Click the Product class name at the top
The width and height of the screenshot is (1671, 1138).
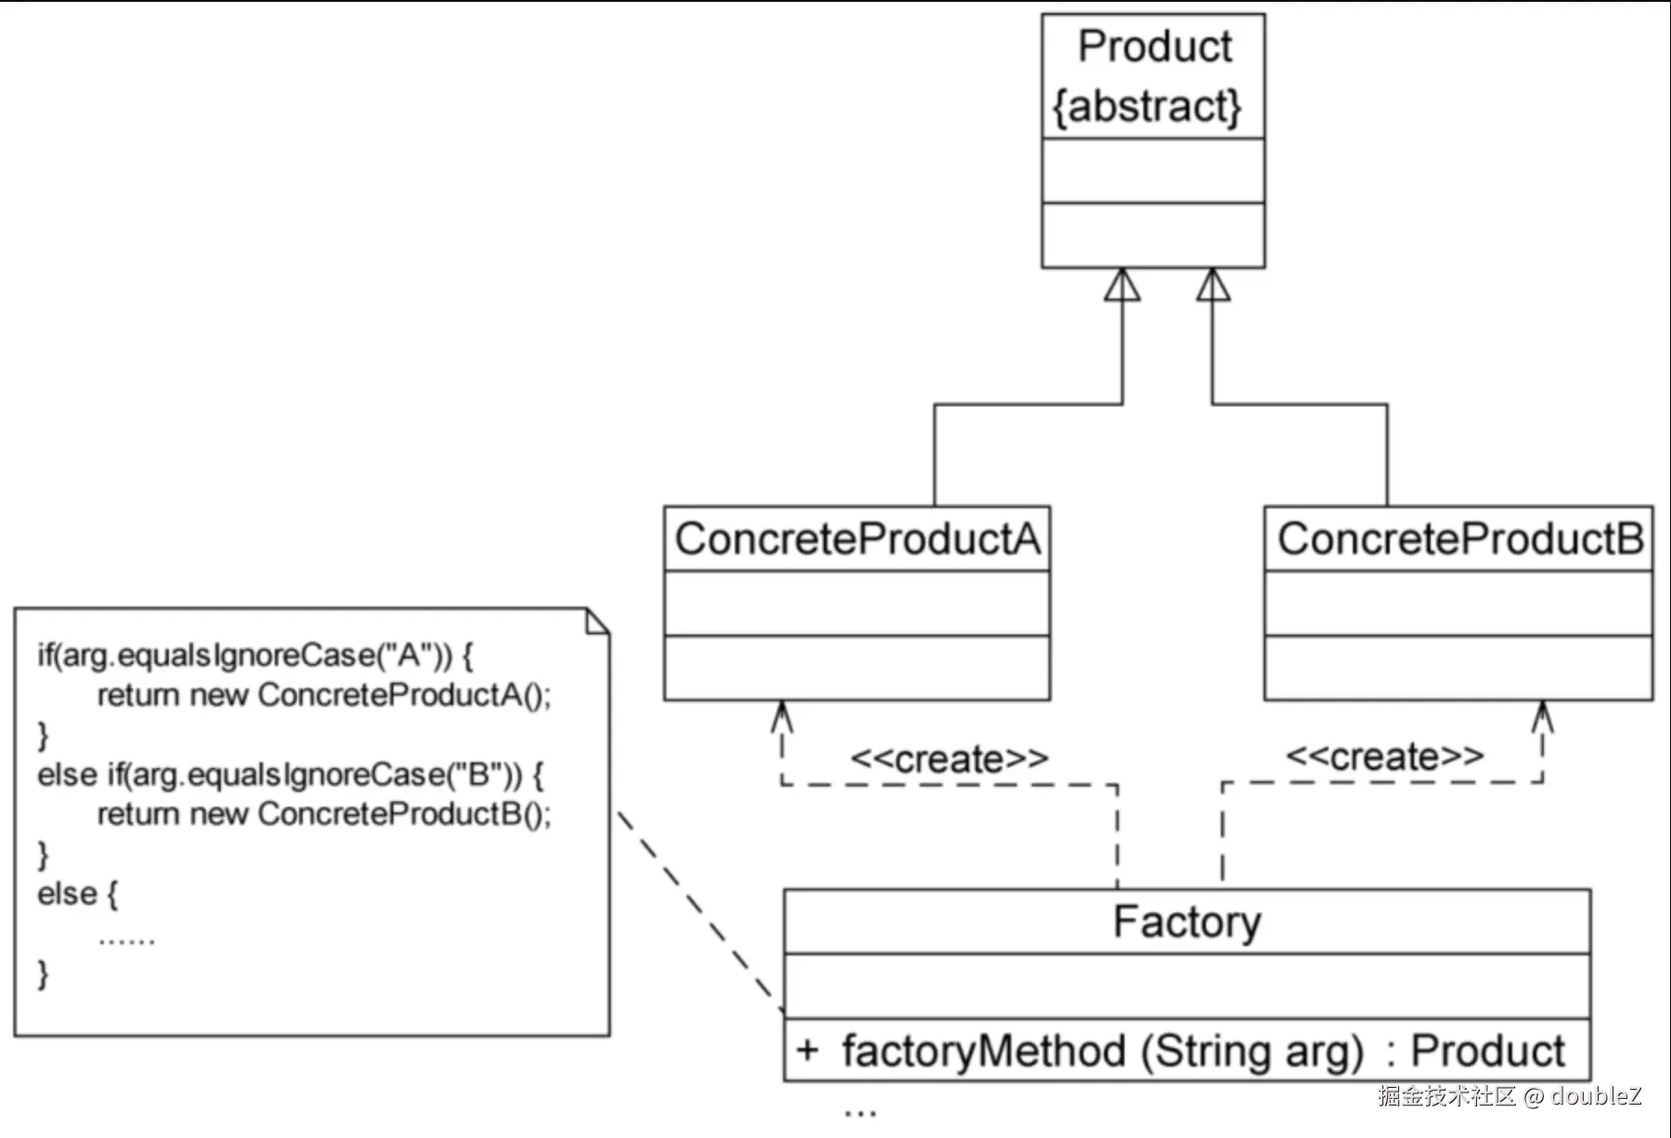tap(1154, 46)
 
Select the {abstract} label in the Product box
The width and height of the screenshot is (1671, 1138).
tap(1147, 107)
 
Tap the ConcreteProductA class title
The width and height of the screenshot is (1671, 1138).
tap(857, 539)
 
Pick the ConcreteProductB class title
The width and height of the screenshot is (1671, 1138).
tap(1459, 539)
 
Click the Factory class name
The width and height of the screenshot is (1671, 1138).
tap(1187, 922)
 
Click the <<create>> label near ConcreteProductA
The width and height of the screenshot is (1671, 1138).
tap(949, 760)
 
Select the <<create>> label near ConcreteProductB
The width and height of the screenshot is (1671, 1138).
tap(1384, 758)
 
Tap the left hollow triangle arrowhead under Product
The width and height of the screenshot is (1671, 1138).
tap(1123, 286)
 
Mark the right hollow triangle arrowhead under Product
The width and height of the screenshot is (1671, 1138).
tap(1213, 286)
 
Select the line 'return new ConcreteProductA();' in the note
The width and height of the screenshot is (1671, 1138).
tap(324, 695)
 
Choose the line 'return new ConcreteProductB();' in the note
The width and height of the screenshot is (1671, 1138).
tap(324, 814)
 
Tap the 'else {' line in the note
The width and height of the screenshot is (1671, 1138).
tap(77, 894)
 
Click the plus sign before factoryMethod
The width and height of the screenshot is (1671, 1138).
tap(807, 1051)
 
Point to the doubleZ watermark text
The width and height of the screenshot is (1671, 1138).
tap(1596, 1096)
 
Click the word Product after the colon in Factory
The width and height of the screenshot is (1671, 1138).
tap(1487, 1051)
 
